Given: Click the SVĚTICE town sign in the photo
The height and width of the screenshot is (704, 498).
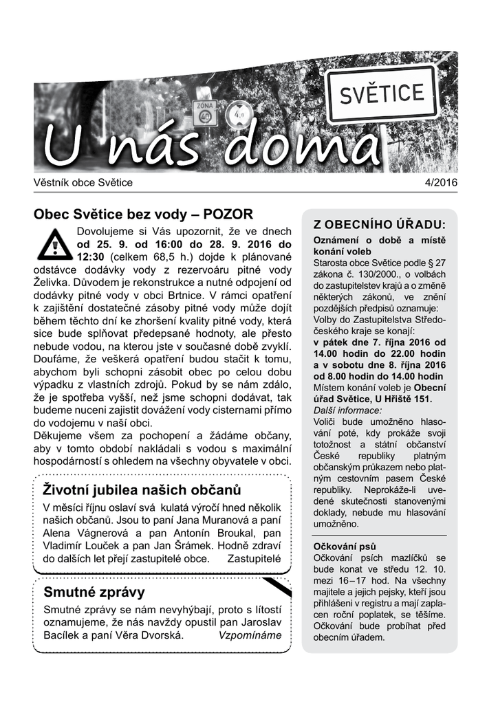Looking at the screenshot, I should tap(382, 93).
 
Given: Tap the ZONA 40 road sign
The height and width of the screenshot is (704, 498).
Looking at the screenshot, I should tap(204, 113).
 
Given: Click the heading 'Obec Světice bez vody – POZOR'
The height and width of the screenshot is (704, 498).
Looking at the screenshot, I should tap(144, 214).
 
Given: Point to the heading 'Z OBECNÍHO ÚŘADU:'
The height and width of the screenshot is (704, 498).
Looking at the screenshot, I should tap(380, 225).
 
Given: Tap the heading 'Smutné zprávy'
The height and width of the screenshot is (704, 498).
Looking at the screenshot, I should tap(94, 593).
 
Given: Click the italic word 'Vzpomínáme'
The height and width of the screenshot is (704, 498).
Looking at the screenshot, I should tap(250, 635).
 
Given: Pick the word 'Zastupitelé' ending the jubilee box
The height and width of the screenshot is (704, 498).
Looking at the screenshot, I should tap(255, 558).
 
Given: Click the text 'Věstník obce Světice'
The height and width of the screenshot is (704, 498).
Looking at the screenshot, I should tap(83, 183).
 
